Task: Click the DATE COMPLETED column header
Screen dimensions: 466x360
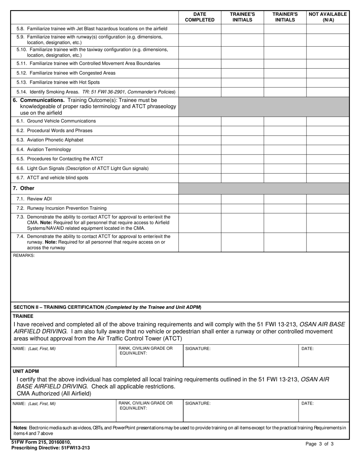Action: (x=200, y=17)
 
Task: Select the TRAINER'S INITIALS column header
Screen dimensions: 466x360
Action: (x=285, y=17)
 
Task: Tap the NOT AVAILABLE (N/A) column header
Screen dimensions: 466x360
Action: (x=328, y=17)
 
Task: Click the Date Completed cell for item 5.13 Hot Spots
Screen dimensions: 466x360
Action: (x=200, y=83)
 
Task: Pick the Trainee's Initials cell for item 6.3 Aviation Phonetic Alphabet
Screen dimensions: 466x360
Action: (x=242, y=140)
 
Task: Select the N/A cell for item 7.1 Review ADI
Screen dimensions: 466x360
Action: (x=328, y=199)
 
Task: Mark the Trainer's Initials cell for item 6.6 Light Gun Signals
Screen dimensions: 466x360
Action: (x=285, y=169)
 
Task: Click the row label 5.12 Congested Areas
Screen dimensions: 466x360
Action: (x=66, y=73)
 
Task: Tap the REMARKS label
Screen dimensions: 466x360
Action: (x=24, y=256)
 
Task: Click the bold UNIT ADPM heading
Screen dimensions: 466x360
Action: (x=26, y=371)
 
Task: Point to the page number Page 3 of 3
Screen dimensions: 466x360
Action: (x=319, y=444)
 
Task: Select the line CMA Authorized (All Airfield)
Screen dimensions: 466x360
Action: (x=54, y=394)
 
